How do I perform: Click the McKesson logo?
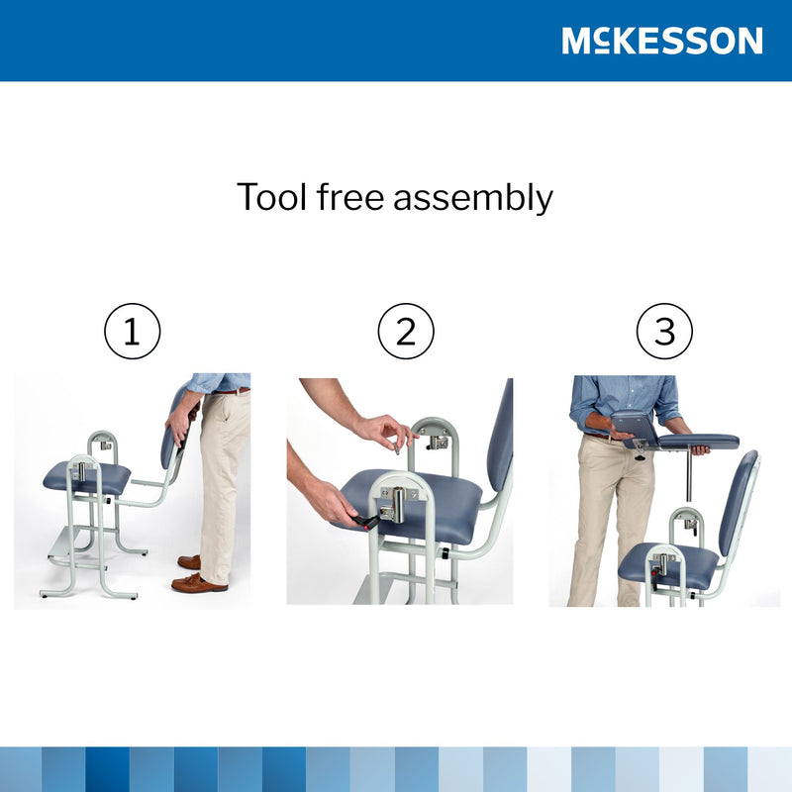point(661,41)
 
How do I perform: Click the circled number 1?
point(132,332)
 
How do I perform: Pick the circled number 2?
point(406,332)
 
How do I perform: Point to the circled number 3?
point(664,332)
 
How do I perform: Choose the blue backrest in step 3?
point(740,500)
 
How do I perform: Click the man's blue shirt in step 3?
point(624,396)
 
